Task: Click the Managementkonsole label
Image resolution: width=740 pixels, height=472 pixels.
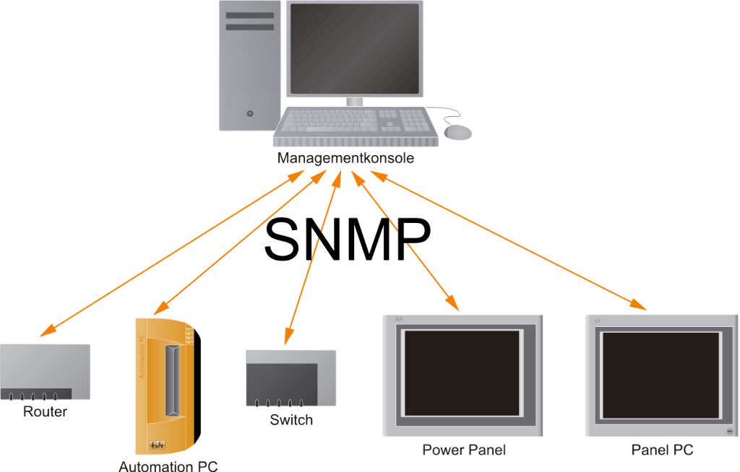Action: pos(345,159)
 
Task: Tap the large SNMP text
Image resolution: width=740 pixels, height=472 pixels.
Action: pos(347,239)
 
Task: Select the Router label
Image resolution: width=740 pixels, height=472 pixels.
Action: pos(45,412)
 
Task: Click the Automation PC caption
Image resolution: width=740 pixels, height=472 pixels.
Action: pos(168,466)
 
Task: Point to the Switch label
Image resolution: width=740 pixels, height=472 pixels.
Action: pos(291,420)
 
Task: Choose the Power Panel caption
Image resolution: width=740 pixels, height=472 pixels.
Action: pos(464,450)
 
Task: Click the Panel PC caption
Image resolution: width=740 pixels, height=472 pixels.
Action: pos(662,450)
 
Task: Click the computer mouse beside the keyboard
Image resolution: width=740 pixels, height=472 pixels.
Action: pos(457,132)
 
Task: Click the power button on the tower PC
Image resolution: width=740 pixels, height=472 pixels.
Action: pos(250,113)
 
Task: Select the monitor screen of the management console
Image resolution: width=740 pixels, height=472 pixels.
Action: pos(354,48)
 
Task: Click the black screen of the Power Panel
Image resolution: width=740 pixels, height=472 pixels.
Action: pos(462,374)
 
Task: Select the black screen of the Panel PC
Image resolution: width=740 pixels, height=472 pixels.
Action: pos(661,373)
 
